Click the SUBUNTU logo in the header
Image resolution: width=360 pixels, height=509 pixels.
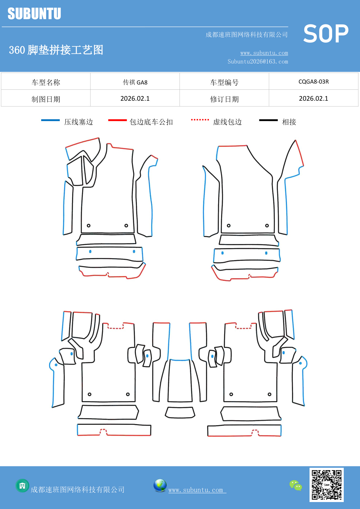(34, 14)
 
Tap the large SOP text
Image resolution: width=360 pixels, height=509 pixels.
(325, 34)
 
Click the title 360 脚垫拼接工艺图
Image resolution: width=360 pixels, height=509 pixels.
(56, 50)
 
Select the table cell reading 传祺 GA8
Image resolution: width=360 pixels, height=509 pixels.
(135, 82)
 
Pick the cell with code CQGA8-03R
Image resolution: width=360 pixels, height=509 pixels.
(313, 82)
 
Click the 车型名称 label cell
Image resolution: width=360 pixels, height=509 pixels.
(46, 82)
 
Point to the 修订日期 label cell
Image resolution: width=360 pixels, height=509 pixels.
(224, 99)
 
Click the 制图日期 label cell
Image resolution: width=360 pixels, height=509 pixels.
(46, 99)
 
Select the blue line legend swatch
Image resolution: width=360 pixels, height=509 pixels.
(50, 120)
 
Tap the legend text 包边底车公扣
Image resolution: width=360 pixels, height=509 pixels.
(151, 122)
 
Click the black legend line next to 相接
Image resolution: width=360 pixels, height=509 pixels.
(268, 120)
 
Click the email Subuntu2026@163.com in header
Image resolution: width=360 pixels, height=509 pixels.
(258, 62)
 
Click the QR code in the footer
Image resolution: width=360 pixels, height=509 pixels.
(326, 485)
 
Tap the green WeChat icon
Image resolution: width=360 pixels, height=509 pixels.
(296, 485)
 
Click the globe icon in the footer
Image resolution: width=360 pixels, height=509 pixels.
(160, 485)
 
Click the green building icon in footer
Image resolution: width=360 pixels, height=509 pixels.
(22, 485)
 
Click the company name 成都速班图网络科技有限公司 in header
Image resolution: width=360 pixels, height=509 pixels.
(247, 35)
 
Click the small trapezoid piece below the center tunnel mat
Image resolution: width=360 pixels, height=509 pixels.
(180, 412)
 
